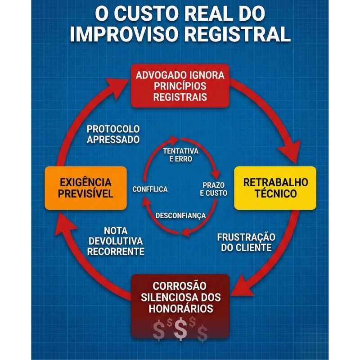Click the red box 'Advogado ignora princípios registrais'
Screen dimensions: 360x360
[x=180, y=85]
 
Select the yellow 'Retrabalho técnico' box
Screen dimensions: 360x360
[x=275, y=188]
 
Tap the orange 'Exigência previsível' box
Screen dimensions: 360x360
[x=85, y=188]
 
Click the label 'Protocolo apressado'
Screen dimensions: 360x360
[x=113, y=134]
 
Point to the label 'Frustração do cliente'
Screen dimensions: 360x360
[x=246, y=242]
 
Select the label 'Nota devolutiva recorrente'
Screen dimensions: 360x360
[x=116, y=241]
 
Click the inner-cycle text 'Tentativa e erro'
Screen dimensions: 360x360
[x=180, y=154]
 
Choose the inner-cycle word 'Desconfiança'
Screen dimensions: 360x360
[x=180, y=216]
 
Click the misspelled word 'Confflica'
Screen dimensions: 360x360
[x=150, y=189]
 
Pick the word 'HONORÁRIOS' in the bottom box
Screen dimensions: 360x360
[x=180, y=309]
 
